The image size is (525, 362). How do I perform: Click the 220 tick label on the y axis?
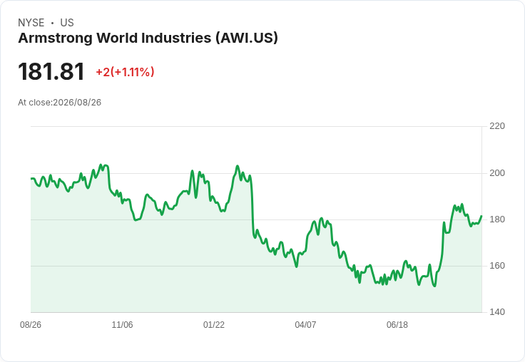click(x=497, y=126)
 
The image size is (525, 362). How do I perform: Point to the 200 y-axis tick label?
click(x=497, y=173)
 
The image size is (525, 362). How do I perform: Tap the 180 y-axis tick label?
click(x=497, y=219)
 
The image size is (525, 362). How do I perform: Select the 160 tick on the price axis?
click(x=497, y=266)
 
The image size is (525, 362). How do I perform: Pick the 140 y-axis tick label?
click(x=497, y=312)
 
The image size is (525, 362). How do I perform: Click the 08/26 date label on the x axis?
click(x=31, y=325)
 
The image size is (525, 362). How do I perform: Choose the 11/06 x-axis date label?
click(x=122, y=325)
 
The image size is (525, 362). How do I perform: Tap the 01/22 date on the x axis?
click(x=213, y=325)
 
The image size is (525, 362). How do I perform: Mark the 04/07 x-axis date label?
click(x=305, y=325)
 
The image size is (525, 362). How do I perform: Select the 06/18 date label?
click(x=397, y=325)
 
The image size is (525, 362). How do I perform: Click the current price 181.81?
click(x=51, y=71)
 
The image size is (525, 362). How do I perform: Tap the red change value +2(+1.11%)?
click(x=126, y=72)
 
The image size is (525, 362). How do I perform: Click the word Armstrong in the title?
click(x=55, y=38)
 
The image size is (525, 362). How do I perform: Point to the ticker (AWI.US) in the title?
click(x=247, y=38)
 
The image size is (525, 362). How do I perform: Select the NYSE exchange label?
click(x=31, y=23)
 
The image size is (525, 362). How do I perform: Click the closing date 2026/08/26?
click(x=77, y=103)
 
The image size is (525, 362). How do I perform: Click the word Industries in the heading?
click(x=176, y=38)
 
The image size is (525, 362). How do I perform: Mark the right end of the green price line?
click(x=481, y=216)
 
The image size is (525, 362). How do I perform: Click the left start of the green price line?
click(x=31, y=179)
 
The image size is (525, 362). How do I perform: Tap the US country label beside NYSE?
click(x=67, y=23)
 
